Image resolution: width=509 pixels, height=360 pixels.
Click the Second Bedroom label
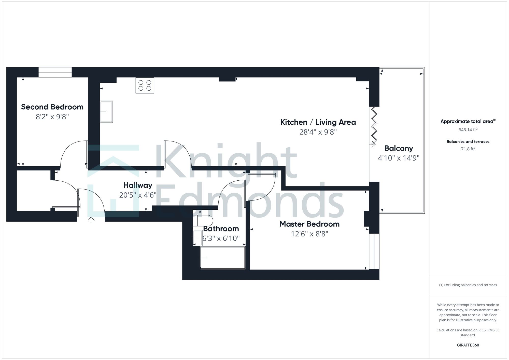point(52,107)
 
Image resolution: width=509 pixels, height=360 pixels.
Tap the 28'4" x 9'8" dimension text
point(318,132)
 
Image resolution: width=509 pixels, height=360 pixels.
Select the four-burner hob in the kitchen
point(145,85)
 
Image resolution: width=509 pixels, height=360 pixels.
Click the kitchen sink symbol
point(106,112)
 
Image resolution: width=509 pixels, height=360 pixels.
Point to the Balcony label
point(399,148)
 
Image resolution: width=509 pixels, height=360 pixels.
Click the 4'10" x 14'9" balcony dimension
point(399,158)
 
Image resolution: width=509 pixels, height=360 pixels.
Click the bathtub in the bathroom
point(222,258)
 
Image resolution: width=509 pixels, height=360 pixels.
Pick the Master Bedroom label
point(309,224)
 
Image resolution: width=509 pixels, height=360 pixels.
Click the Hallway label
point(138,185)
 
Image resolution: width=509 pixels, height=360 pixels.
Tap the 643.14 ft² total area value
point(468,130)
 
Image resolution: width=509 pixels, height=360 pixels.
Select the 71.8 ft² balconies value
point(468,149)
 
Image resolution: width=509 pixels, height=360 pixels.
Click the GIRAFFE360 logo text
point(468,345)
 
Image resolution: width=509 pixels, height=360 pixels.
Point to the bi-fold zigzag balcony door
point(373,127)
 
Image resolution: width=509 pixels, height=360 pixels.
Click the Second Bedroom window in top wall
point(55,72)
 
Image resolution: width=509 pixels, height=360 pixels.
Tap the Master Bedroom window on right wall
point(374,251)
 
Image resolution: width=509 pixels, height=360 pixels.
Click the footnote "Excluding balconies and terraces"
point(468,285)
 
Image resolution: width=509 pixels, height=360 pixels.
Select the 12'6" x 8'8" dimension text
point(309,234)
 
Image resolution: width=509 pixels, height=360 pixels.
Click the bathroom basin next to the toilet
point(197,238)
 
